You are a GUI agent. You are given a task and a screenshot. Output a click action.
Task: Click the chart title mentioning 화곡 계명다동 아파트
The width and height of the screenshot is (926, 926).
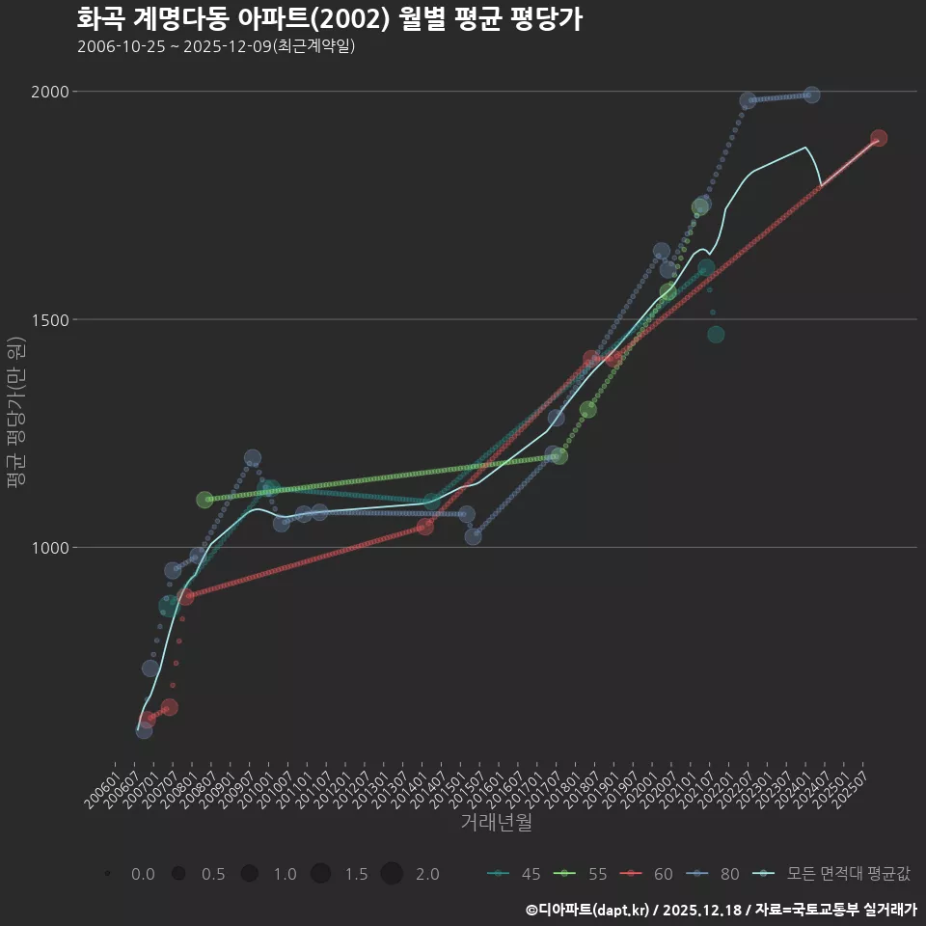(329, 19)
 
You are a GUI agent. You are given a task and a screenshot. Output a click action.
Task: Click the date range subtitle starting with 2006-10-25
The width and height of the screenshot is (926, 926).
(216, 46)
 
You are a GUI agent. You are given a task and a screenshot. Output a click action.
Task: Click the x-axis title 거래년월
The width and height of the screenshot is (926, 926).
(496, 823)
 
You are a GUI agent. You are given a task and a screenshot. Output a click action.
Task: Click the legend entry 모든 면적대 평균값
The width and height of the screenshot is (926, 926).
(835, 874)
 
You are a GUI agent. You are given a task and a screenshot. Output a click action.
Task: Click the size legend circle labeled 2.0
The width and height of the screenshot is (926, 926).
(391, 874)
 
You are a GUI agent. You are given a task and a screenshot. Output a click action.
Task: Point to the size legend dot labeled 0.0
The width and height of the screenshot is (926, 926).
(108, 874)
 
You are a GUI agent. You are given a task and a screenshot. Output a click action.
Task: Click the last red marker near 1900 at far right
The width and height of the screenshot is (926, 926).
(878, 138)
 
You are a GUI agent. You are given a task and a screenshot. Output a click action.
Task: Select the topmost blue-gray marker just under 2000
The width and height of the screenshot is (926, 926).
(811, 95)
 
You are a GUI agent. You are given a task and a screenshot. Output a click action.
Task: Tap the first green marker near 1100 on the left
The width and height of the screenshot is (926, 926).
(204, 500)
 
